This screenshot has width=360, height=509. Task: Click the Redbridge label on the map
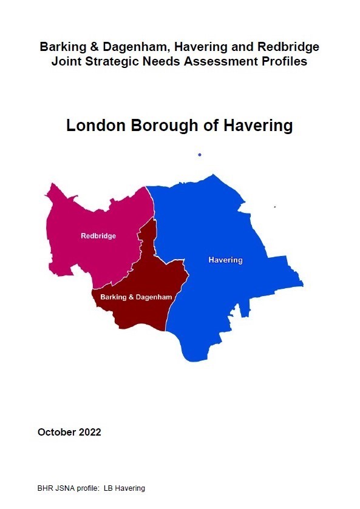[98, 236]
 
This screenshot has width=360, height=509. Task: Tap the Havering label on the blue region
[225, 260]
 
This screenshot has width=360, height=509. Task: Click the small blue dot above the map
[199, 155]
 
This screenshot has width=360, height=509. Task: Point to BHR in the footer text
[46, 488]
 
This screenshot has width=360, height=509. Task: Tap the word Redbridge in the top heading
[288, 46]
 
